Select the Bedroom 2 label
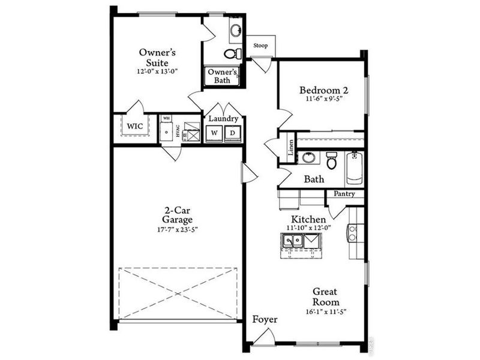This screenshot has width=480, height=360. click(325, 91)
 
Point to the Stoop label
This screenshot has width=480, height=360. click(260, 45)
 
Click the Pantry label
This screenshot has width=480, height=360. click(344, 194)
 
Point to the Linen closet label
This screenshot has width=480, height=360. click(291, 148)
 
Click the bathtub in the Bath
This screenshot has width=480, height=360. click(353, 169)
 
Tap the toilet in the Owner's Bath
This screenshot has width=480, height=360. click(232, 54)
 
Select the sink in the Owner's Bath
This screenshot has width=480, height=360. click(236, 30)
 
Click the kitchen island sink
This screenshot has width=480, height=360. click(294, 241)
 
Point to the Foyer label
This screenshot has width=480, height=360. click(265, 319)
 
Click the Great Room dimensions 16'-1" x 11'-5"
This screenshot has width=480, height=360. click(326, 312)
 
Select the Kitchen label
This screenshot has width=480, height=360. click(308, 219)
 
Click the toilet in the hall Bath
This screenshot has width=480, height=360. click(331, 161)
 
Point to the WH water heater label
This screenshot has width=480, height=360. click(166, 118)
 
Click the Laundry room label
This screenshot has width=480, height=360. click(223, 119)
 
